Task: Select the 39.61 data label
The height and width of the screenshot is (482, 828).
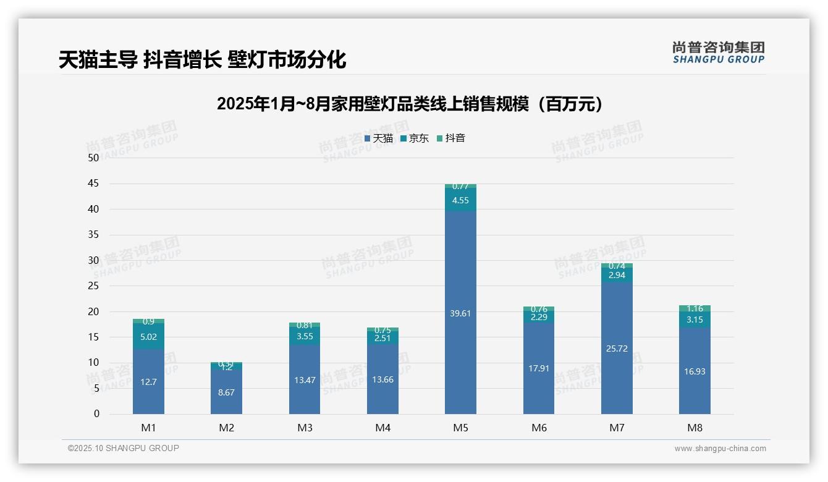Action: pyautogui.click(x=460, y=313)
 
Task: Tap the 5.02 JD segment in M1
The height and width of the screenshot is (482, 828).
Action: pyautogui.click(x=148, y=337)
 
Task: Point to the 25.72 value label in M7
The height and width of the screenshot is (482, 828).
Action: pyautogui.click(x=617, y=349)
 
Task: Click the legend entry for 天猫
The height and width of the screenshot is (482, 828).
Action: pyautogui.click(x=379, y=138)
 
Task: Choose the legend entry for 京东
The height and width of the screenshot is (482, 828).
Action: pyautogui.click(x=415, y=138)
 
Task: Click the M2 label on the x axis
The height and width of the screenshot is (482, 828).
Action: pyautogui.click(x=226, y=428)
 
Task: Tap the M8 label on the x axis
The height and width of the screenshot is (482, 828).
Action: pyautogui.click(x=695, y=428)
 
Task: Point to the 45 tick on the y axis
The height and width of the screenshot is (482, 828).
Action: pyautogui.click(x=93, y=184)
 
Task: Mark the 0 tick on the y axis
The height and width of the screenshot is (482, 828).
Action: pyautogui.click(x=96, y=414)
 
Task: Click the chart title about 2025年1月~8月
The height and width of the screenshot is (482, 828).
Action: pyautogui.click(x=410, y=104)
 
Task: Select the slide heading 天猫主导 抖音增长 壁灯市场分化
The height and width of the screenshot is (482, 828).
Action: pyautogui.click(x=202, y=60)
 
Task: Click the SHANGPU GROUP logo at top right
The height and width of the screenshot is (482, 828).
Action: pyautogui.click(x=718, y=52)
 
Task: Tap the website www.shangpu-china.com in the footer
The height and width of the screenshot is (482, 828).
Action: pyautogui.click(x=720, y=449)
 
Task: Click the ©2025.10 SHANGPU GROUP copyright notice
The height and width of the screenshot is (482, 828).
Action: pyautogui.click(x=124, y=448)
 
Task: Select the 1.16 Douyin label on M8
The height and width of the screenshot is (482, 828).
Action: pyautogui.click(x=695, y=308)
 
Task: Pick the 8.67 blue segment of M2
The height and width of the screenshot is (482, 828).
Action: pyautogui.click(x=226, y=392)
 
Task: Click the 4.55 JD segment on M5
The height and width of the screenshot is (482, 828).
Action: pyautogui.click(x=460, y=200)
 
